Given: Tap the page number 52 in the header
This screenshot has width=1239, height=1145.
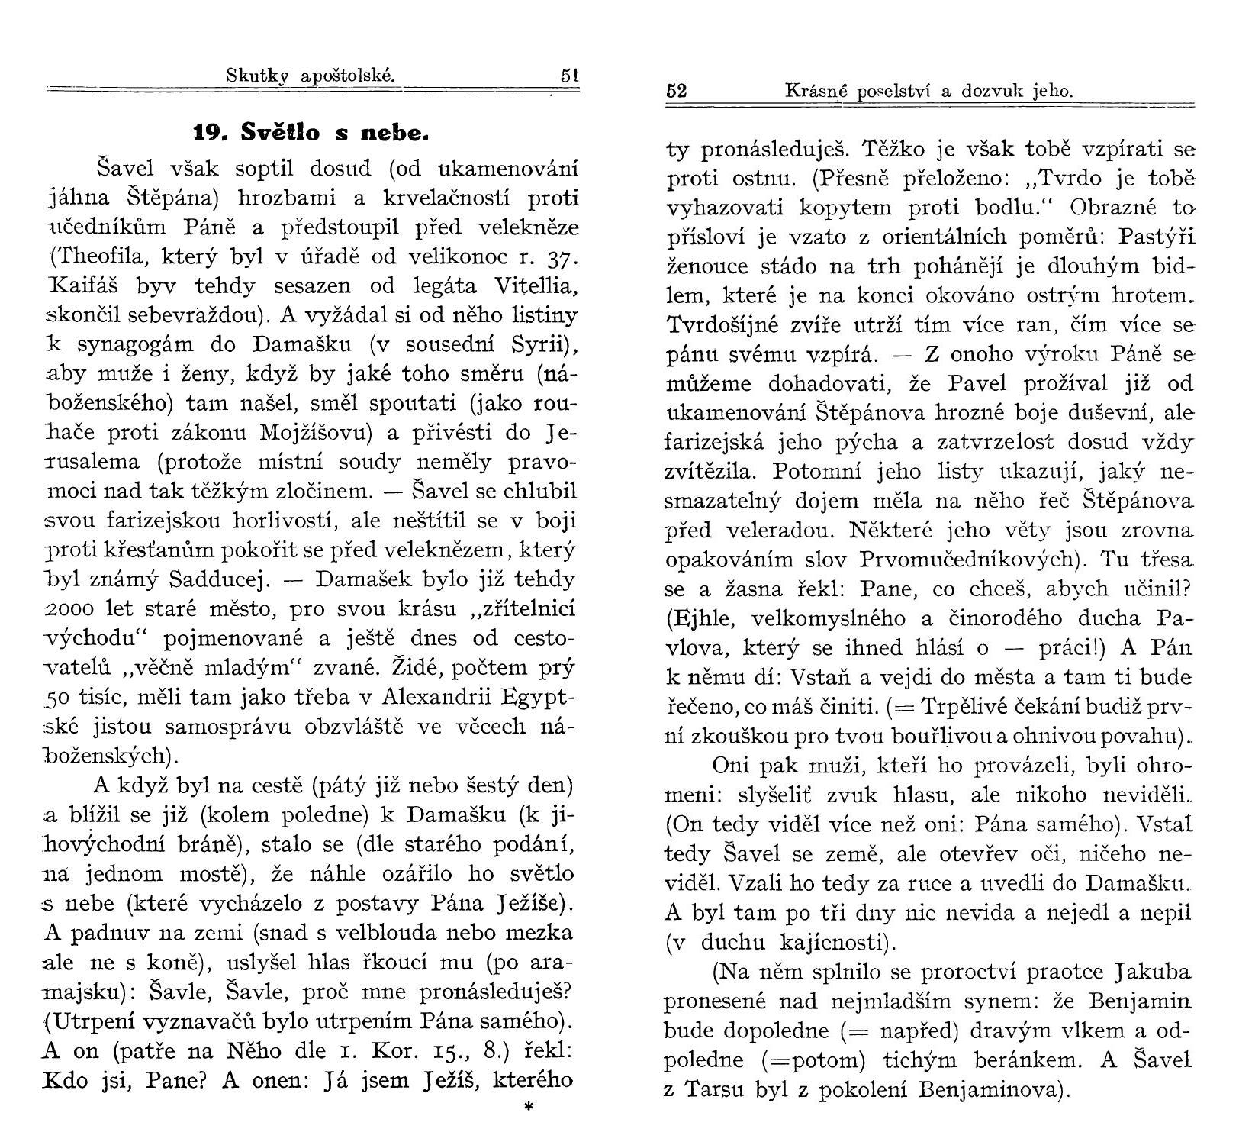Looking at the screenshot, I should [677, 91].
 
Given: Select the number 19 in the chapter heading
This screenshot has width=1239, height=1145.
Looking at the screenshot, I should [207, 133].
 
